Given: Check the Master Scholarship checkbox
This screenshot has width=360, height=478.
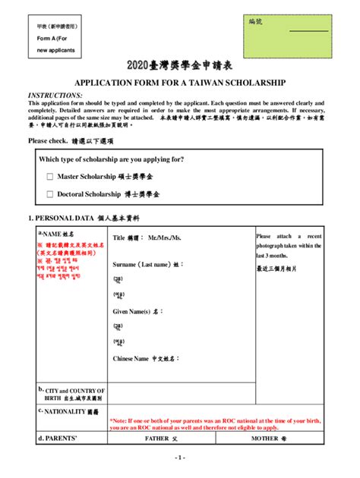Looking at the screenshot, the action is coord(50,177).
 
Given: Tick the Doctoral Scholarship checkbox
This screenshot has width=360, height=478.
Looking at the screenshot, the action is coord(50,195).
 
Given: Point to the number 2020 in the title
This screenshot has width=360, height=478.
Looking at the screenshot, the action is coord(139,66).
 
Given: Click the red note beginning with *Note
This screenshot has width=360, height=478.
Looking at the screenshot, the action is coord(217,423).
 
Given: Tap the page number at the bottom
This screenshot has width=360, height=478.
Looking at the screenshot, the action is coord(180,458).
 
